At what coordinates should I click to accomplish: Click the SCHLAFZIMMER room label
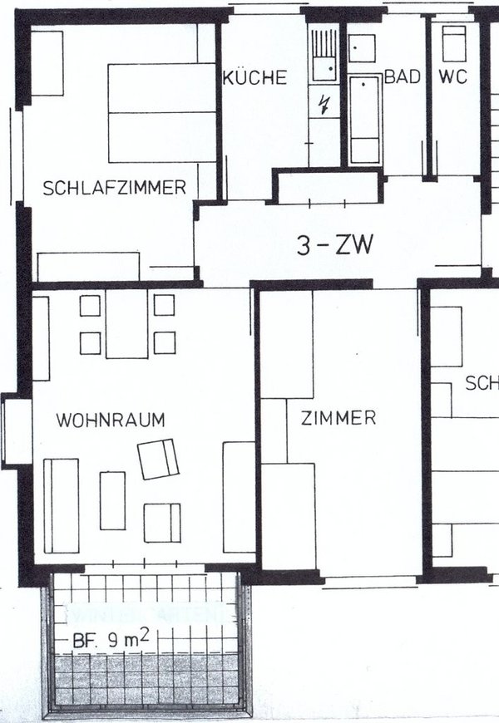[115, 188]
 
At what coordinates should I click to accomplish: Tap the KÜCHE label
[255, 78]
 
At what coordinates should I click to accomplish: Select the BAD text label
[401, 77]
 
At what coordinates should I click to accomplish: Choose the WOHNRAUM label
[111, 420]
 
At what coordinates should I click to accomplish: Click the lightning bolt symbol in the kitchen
[324, 104]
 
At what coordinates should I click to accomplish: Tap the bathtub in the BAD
[364, 120]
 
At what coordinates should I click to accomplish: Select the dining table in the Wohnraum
[126, 324]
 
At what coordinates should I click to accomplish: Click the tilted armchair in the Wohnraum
[159, 459]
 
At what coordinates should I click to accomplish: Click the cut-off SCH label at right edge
[482, 383]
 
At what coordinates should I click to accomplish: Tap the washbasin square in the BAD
[362, 49]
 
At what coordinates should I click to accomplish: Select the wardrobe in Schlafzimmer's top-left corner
[47, 64]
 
